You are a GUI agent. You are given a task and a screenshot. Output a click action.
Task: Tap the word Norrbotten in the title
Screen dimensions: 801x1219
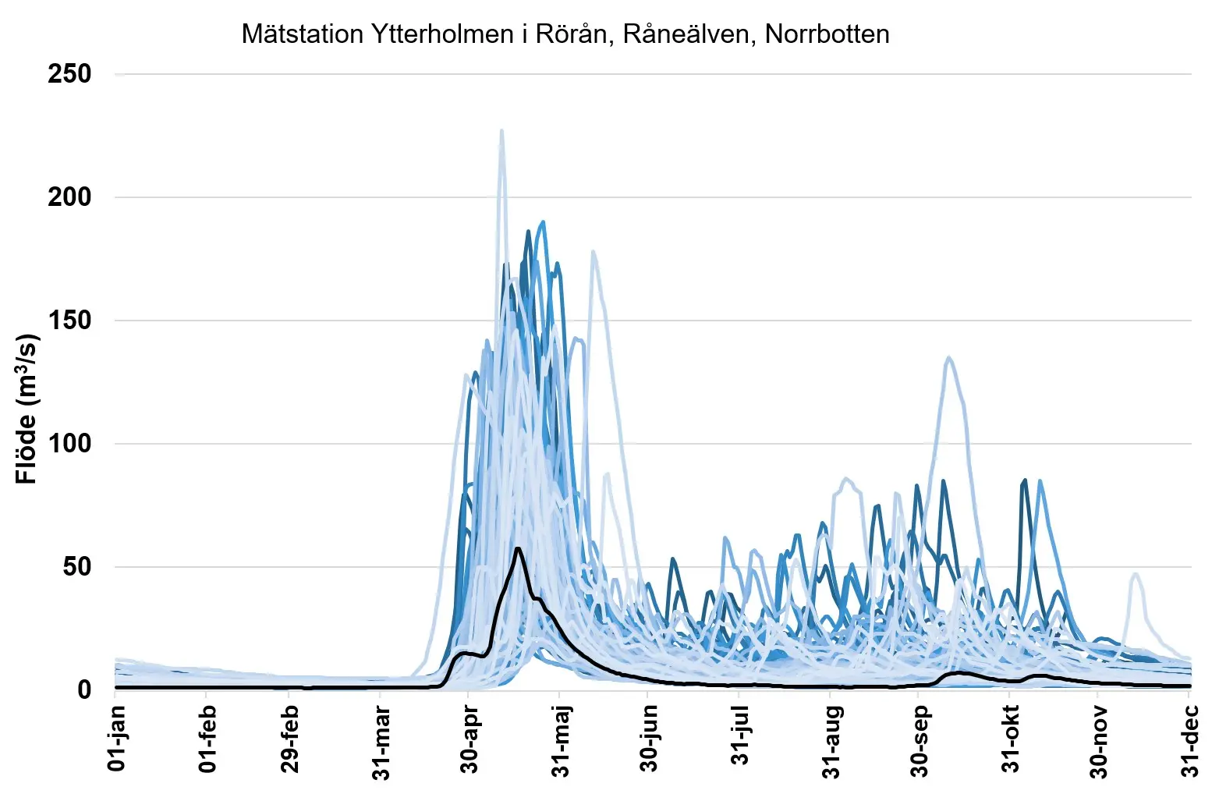click(x=827, y=34)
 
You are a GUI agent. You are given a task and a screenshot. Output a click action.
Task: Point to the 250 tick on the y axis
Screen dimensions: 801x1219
click(x=69, y=75)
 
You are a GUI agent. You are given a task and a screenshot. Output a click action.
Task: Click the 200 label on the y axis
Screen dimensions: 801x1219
click(x=69, y=197)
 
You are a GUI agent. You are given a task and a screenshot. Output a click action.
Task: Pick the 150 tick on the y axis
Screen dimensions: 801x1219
click(x=69, y=321)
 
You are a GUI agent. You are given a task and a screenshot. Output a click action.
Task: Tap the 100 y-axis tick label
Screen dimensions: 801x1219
click(x=69, y=444)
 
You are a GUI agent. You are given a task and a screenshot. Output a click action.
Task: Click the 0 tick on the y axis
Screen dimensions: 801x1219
click(x=84, y=690)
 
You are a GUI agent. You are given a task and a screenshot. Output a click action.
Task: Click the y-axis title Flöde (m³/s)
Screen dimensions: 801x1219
click(x=27, y=409)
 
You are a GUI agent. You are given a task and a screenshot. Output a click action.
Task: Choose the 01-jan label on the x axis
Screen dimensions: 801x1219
click(x=117, y=739)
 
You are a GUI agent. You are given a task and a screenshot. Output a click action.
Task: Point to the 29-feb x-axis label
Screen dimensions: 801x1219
click(x=290, y=739)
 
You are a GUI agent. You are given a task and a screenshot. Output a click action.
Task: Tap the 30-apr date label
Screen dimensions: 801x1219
click(x=470, y=739)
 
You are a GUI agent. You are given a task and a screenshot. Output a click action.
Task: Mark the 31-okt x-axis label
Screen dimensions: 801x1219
click(x=1011, y=739)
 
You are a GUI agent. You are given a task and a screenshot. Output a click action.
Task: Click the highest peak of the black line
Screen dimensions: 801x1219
click(x=518, y=549)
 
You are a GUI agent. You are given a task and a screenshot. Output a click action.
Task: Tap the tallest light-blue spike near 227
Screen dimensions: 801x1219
click(x=501, y=131)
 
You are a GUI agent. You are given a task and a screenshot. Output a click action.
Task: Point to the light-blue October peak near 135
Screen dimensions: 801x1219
click(x=948, y=358)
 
